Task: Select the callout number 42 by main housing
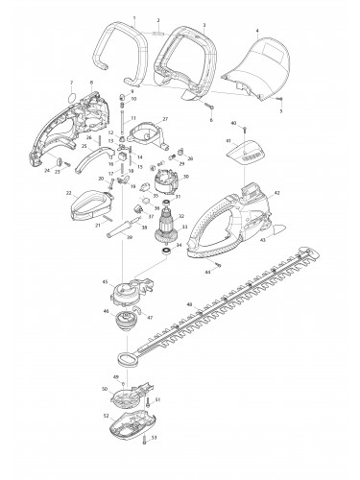tap(276, 194)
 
